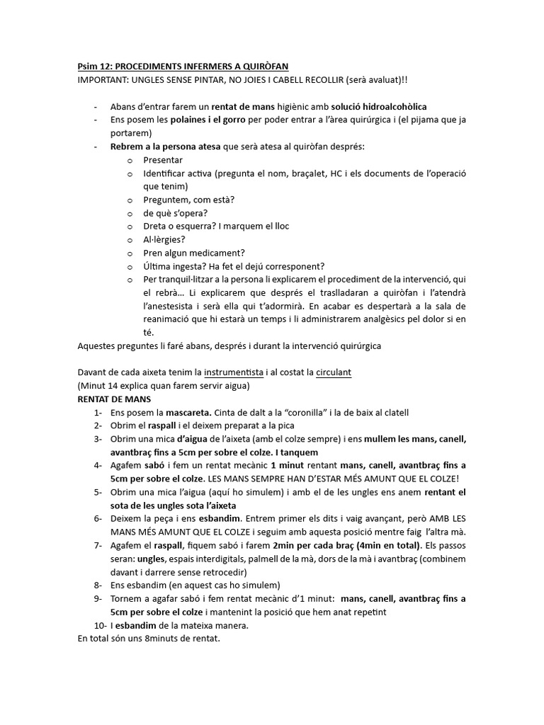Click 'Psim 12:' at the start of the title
93,66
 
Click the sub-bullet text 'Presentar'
163,160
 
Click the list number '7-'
97,545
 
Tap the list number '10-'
99,625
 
